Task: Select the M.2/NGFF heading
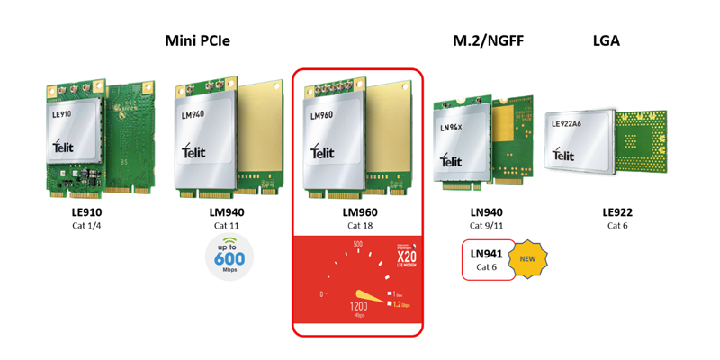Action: [487, 41]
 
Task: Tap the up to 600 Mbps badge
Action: [229, 256]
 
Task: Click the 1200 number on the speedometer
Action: [358, 308]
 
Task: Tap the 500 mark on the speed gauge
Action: [357, 245]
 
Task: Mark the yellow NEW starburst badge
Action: [527, 259]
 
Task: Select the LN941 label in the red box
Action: [487, 254]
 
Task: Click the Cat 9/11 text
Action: [487, 226]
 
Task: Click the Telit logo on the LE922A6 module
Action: [563, 155]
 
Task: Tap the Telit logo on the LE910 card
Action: [62, 146]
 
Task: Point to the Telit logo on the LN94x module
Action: [451, 161]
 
